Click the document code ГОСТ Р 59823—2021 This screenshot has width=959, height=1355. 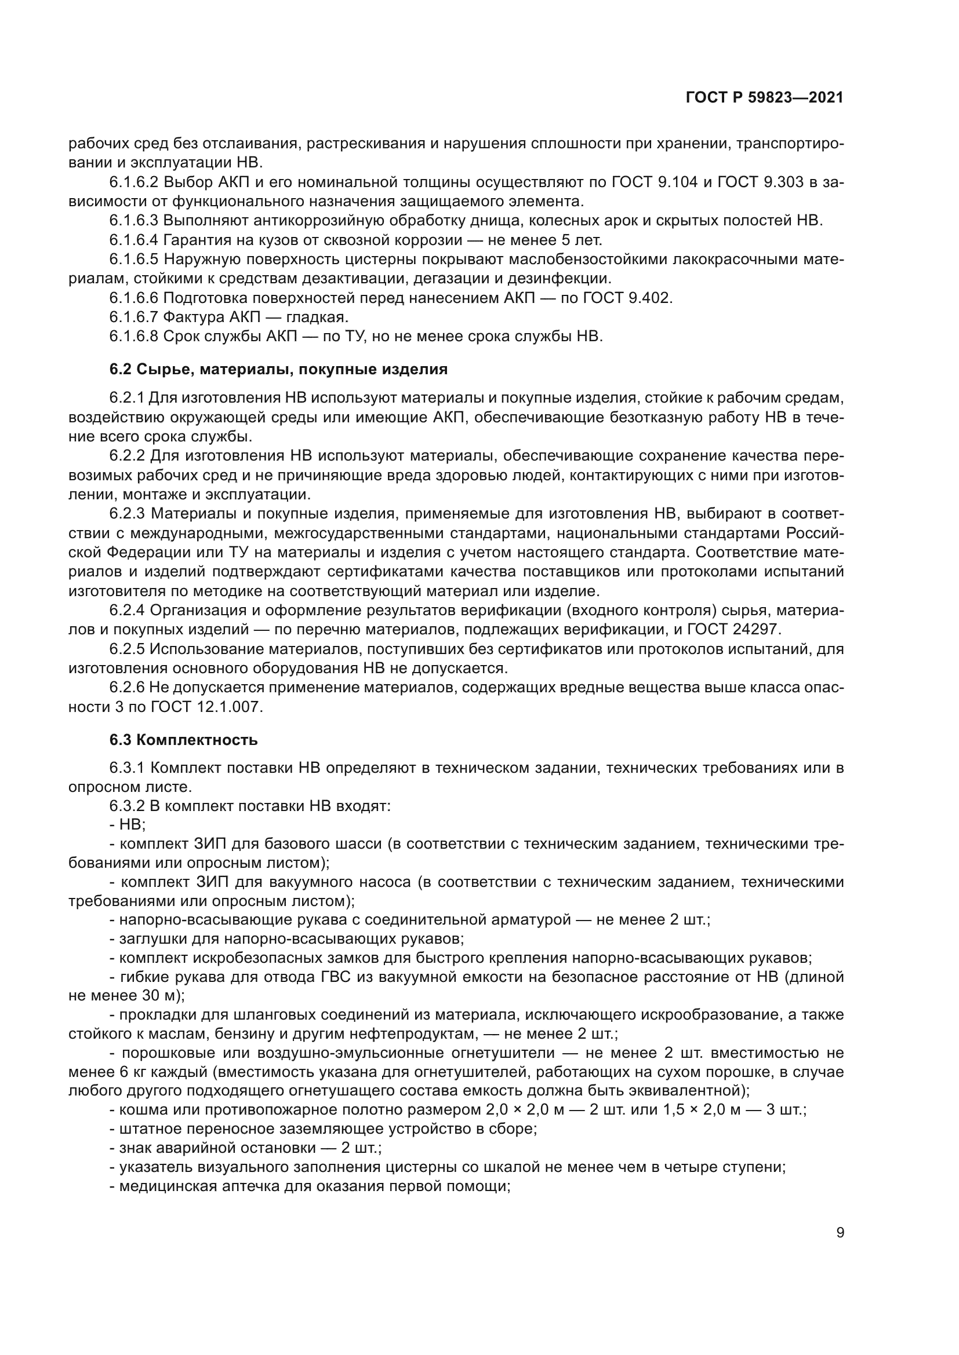point(764,98)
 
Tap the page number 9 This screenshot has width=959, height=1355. point(840,1233)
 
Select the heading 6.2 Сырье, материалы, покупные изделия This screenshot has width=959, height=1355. point(278,370)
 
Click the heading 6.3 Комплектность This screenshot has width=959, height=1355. point(184,739)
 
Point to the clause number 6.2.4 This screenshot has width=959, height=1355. point(127,610)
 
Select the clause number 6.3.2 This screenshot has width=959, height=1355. point(127,806)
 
